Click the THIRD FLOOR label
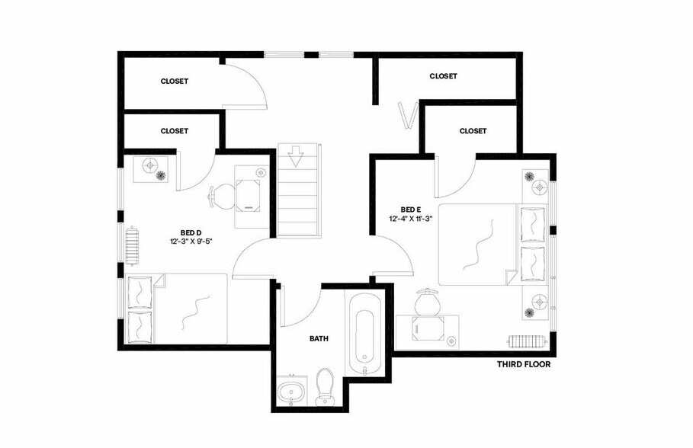[x=523, y=364]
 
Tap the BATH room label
[x=319, y=338]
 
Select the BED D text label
[x=191, y=232]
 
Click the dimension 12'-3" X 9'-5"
[x=191, y=242]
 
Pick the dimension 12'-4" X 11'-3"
[x=411, y=219]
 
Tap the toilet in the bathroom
[x=326, y=386]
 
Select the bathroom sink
[x=290, y=392]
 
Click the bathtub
[x=364, y=333]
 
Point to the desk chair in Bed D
[x=219, y=197]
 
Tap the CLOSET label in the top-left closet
[x=174, y=81]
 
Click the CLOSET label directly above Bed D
[x=174, y=131]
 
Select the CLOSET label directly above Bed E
[x=473, y=131]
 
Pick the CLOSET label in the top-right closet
[x=443, y=76]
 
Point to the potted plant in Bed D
[x=162, y=175]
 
